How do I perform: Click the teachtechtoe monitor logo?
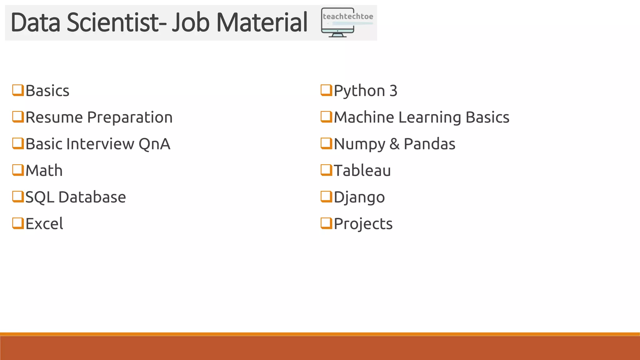(x=347, y=22)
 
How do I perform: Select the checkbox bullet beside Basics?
(x=18, y=90)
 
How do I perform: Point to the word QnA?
(x=154, y=144)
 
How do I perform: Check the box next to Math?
(x=18, y=170)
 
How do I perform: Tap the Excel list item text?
(x=44, y=224)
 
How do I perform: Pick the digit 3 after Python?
(x=393, y=91)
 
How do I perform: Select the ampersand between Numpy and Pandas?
(x=394, y=144)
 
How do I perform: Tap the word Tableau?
(x=362, y=171)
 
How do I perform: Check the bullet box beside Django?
(x=326, y=197)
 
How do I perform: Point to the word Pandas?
(x=429, y=144)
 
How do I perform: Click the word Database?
(x=92, y=197)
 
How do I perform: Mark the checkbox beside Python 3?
(x=326, y=90)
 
